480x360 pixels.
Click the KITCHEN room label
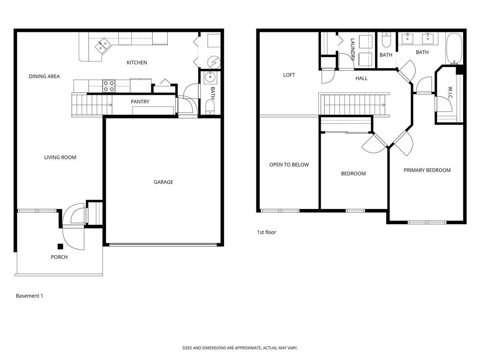(137, 62)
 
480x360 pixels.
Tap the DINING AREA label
(44, 76)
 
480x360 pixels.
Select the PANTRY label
(140, 102)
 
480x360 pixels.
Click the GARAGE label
(163, 182)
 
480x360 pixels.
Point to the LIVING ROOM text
(60, 157)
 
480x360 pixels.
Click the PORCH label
(59, 257)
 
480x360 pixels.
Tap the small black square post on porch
(60, 247)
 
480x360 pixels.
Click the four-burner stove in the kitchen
(109, 86)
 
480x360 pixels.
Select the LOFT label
(289, 75)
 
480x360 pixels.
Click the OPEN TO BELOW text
(289, 165)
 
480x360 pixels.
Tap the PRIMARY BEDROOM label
(427, 170)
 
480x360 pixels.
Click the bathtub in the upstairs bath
(454, 49)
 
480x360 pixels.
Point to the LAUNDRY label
(353, 50)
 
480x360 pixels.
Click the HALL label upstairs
(361, 78)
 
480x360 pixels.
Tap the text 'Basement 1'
(30, 296)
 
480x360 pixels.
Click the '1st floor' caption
(267, 232)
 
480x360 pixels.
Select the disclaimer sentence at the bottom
(240, 348)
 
